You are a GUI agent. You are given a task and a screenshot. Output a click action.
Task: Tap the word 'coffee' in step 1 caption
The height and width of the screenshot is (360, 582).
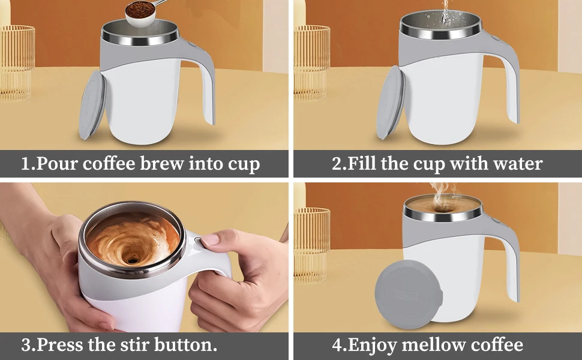(109, 163)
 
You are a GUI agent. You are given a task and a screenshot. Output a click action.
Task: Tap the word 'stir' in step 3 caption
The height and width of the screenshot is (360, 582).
(135, 344)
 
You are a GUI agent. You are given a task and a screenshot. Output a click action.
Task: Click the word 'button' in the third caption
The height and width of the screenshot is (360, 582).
(184, 344)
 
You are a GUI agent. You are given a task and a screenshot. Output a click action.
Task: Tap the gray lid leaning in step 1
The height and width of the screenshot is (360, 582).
(92, 106)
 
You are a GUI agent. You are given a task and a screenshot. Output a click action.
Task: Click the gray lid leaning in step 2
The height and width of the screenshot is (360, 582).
(391, 103)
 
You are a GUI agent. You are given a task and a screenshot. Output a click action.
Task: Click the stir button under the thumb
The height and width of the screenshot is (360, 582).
(198, 241)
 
